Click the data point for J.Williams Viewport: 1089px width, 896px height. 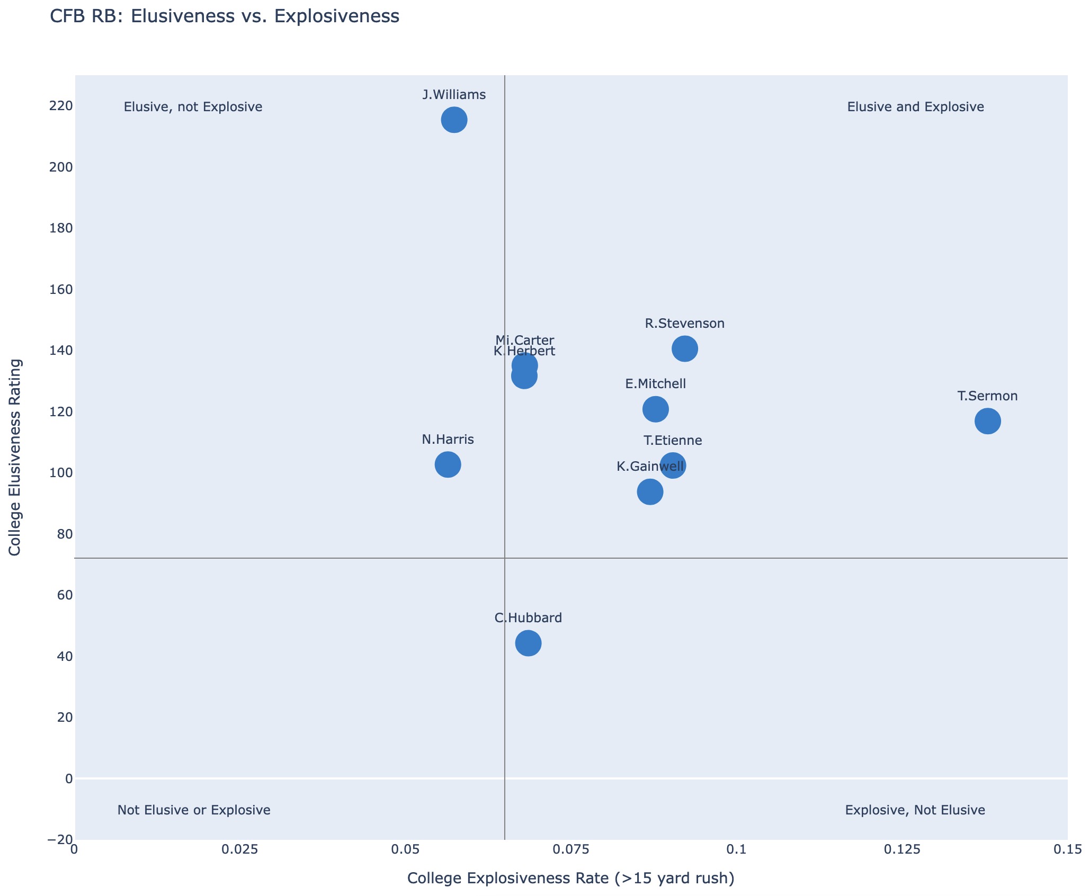pyautogui.click(x=454, y=120)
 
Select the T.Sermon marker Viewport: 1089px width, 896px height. pyautogui.click(x=987, y=422)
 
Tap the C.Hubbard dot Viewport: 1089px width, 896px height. pyautogui.click(x=528, y=643)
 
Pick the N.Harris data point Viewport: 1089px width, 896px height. pyautogui.click(x=448, y=465)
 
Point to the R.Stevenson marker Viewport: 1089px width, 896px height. pyautogui.click(x=684, y=348)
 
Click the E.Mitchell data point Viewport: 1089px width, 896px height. pyautogui.click(x=655, y=409)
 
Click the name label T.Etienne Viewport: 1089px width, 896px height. pyautogui.click(x=673, y=441)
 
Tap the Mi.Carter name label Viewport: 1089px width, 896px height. pyautogui.click(x=524, y=340)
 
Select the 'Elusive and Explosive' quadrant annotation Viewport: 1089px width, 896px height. pyautogui.click(x=915, y=107)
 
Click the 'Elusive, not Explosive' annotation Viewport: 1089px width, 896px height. pyautogui.click(x=193, y=107)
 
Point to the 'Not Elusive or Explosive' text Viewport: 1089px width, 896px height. pyautogui.click(x=194, y=810)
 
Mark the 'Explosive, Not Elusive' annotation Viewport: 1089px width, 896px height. pyautogui.click(x=915, y=810)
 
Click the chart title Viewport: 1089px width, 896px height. pyautogui.click(x=224, y=17)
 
